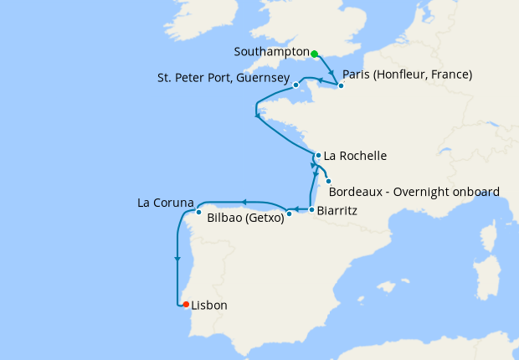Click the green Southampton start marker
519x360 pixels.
pyautogui.click(x=315, y=54)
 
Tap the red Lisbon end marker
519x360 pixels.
pyautogui.click(x=186, y=305)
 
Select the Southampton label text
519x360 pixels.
pyautogui.click(x=272, y=52)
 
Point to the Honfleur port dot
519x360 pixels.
pyautogui.click(x=341, y=85)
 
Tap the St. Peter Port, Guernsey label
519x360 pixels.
pyautogui.click(x=224, y=79)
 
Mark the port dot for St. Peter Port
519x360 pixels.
pyautogui.click(x=295, y=85)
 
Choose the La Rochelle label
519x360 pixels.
pyautogui.click(x=355, y=156)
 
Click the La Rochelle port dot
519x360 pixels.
pyautogui.click(x=318, y=155)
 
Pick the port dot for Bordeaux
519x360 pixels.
pyautogui.click(x=329, y=182)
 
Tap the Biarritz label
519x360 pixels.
pyautogui.click(x=337, y=211)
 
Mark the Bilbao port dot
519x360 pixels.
pyautogui.click(x=289, y=213)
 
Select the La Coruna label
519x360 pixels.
pyautogui.click(x=166, y=203)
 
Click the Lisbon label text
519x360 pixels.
pyautogui.click(x=208, y=306)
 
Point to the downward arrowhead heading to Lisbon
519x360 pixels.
pyautogui.click(x=177, y=260)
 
